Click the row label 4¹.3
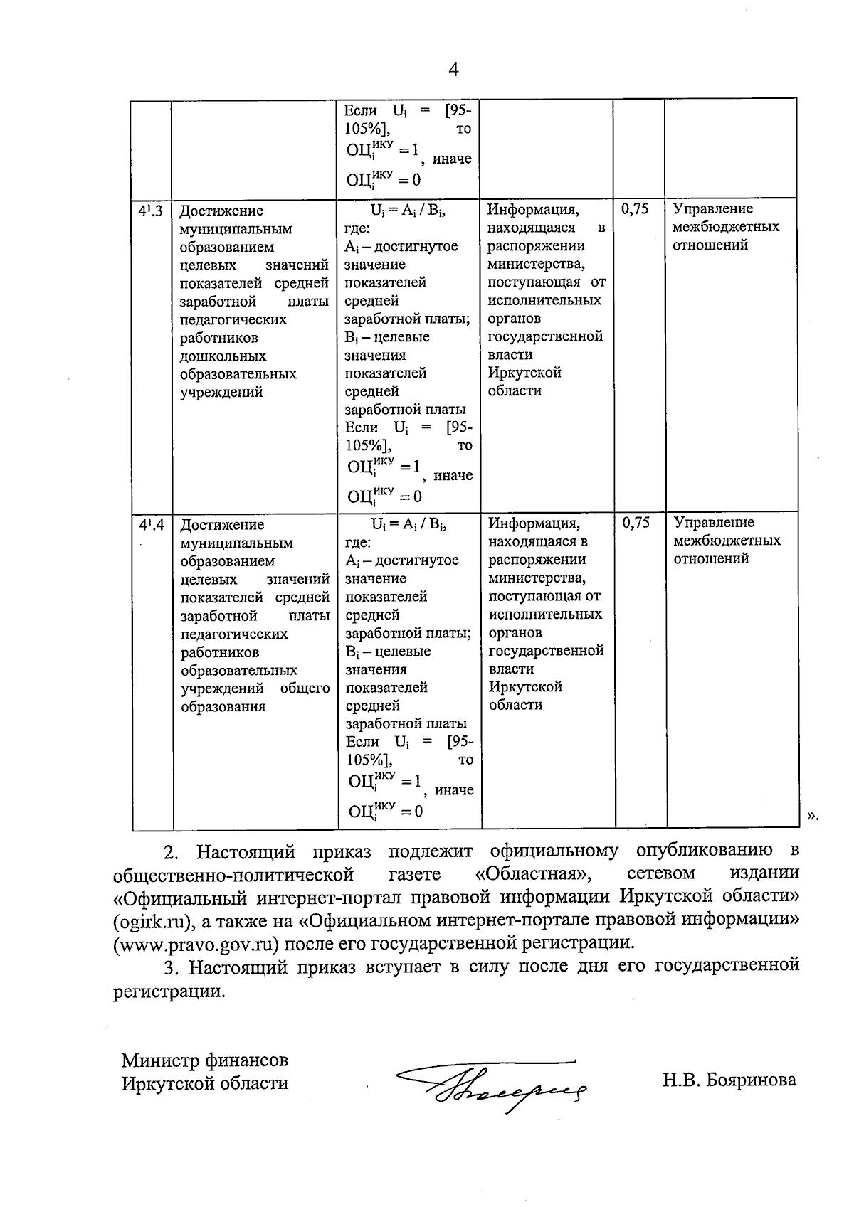(151, 211)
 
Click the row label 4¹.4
(152, 525)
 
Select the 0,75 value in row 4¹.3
(635, 209)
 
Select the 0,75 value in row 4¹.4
(636, 523)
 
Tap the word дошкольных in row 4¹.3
(223, 356)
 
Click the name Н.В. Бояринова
(729, 1080)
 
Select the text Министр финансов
(205, 1060)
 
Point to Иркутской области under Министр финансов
(205, 1083)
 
